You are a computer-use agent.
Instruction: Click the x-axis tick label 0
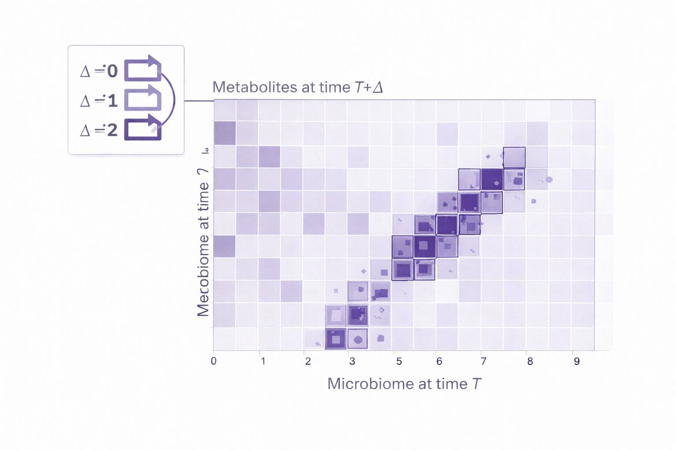coord(214,361)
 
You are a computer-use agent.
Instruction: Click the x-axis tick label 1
coord(263,361)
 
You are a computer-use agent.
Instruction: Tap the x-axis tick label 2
coord(308,361)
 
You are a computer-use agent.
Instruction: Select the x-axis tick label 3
coord(352,361)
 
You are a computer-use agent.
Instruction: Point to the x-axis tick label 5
coord(399,361)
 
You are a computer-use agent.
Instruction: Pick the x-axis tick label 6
coord(439,361)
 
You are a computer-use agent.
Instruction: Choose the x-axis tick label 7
coord(483,361)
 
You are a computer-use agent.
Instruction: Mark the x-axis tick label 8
coord(530,361)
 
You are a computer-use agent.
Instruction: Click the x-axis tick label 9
coord(577,361)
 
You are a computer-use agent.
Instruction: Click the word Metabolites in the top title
coord(255,87)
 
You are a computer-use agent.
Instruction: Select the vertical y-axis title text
coord(203,242)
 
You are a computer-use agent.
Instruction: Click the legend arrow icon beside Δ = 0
coord(142,69)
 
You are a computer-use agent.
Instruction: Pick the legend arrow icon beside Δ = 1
coord(142,99)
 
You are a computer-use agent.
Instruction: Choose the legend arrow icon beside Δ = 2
coord(142,128)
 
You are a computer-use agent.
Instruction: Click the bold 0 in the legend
coord(113,71)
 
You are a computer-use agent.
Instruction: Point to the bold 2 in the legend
coord(113,130)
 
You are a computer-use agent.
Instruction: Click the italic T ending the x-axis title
coord(477,384)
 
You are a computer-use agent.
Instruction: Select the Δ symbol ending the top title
coord(378,87)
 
